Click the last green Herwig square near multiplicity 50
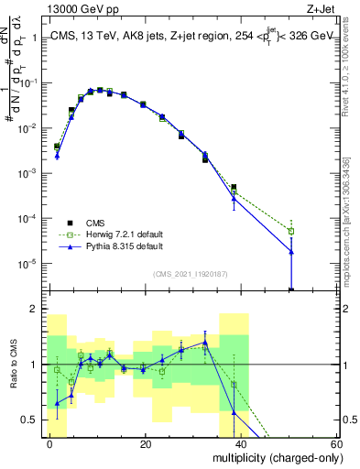[x=291, y=231]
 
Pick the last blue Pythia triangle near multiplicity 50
[x=291, y=252]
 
